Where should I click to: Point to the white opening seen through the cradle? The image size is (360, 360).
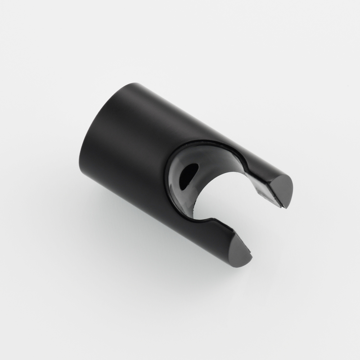(x=220, y=194)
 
